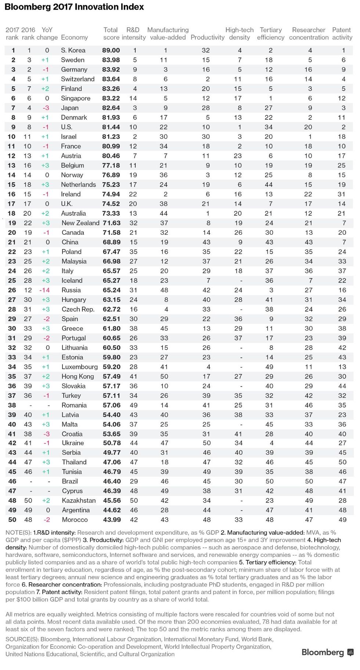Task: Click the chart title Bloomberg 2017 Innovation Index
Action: pyautogui.click(x=74, y=7)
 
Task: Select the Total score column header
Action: pyautogui.click(x=111, y=33)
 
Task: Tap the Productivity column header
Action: pyautogui.click(x=207, y=37)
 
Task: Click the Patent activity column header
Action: pyautogui.click(x=342, y=33)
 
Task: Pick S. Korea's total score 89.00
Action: pyautogui.click(x=111, y=50)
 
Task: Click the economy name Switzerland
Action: pyautogui.click(x=78, y=79)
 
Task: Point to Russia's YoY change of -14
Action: pyautogui.click(x=45, y=290)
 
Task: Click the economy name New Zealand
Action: pyautogui.click(x=80, y=223)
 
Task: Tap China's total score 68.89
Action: pyautogui.click(x=111, y=242)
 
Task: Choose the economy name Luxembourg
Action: pyautogui.click(x=79, y=367)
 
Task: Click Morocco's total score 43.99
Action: pyautogui.click(x=111, y=520)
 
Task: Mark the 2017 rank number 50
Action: pyautogui.click(x=12, y=520)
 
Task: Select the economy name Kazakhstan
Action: pyautogui.click(x=78, y=501)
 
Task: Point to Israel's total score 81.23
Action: pyautogui.click(x=111, y=137)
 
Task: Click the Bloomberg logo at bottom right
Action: pyautogui.click(x=327, y=652)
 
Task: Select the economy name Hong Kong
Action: pyautogui.click(x=78, y=377)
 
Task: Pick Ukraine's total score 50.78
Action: pyautogui.click(x=111, y=443)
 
